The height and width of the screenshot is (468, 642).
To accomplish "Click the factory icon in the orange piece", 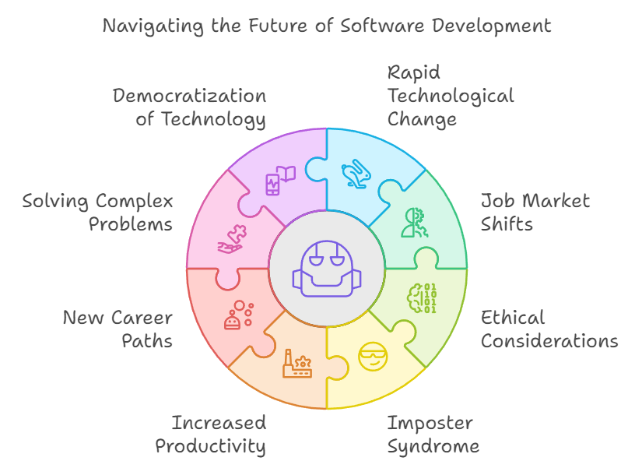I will (297, 364).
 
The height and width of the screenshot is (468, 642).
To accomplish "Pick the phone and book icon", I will (281, 180).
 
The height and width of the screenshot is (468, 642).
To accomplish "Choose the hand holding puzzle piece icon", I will (231, 238).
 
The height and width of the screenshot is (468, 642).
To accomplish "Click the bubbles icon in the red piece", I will (238, 314).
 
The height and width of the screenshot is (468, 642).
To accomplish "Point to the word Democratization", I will (189, 96).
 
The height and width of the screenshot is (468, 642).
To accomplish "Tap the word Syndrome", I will (433, 447).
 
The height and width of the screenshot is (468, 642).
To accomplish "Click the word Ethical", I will (512, 318).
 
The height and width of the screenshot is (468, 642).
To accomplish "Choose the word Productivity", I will (210, 447).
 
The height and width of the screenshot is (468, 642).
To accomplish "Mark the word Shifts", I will (507, 225).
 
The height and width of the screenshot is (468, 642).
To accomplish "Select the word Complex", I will (134, 202).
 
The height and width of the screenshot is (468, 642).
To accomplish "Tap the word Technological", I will (451, 96).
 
